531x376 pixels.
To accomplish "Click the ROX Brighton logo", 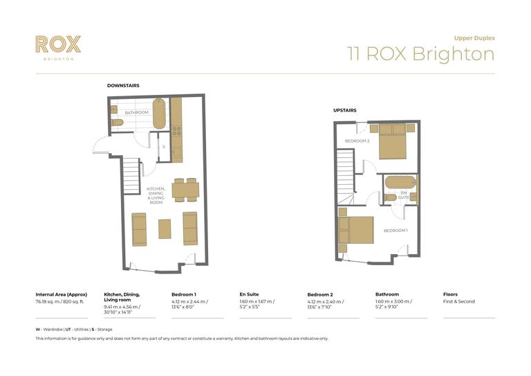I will (x=58, y=46).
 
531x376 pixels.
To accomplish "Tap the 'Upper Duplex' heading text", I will (x=474, y=37).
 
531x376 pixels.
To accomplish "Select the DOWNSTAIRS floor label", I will (x=123, y=85).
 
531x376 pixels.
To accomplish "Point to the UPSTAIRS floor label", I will (x=345, y=110).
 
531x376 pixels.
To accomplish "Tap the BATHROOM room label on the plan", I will (x=136, y=112).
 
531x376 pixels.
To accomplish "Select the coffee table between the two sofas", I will (x=165, y=229).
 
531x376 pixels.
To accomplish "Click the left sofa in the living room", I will (x=139, y=229).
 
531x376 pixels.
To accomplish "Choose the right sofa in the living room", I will (x=189, y=229).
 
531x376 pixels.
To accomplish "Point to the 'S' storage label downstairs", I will (x=164, y=147).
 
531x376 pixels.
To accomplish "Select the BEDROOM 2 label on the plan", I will (x=357, y=141).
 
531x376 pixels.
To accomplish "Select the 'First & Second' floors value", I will (x=459, y=302).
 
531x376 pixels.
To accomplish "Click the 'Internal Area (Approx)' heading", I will (x=62, y=294).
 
